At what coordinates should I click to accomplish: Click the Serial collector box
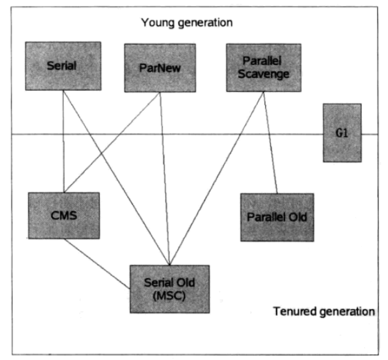tap(63, 66)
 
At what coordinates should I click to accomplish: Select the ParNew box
tap(160, 68)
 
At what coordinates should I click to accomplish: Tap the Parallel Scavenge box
tap(264, 68)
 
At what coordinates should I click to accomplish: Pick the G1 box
tap(342, 133)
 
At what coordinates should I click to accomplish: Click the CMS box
tap(64, 216)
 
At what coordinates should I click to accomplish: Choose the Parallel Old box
tap(277, 218)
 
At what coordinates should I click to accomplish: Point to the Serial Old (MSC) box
tap(170, 289)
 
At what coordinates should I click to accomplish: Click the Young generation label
tap(187, 23)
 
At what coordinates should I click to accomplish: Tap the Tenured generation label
tap(324, 311)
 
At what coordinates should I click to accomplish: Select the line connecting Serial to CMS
tap(64, 141)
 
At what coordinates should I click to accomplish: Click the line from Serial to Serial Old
tap(116, 178)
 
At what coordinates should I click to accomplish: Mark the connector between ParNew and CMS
tap(112, 142)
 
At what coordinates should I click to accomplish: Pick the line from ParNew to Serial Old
tap(165, 179)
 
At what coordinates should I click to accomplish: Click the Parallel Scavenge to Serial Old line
tap(217, 179)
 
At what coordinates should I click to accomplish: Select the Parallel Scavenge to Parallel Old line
tap(270, 142)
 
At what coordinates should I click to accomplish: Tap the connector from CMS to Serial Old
tap(97, 264)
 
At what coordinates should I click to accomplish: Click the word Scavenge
tap(263, 74)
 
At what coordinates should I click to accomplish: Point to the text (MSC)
tap(169, 296)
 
